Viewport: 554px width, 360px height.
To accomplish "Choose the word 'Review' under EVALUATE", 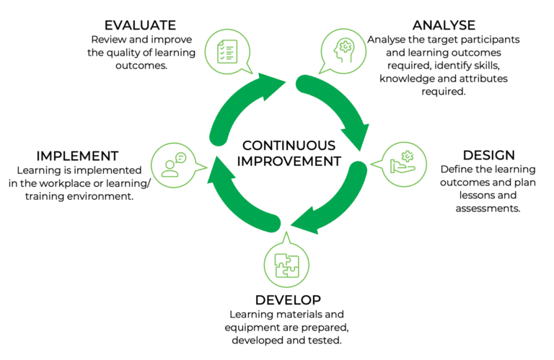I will pos(107,40).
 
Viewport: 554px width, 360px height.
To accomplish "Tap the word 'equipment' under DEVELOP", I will pos(250,328).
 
